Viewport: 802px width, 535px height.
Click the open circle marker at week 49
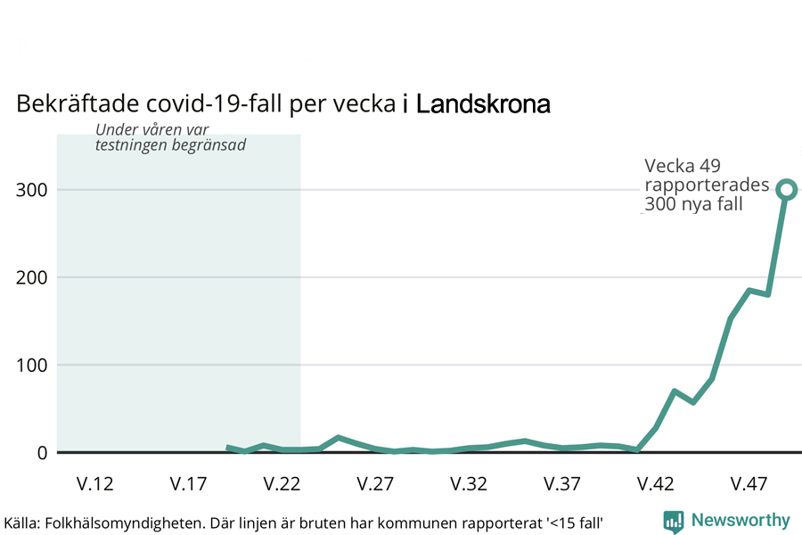[x=786, y=189]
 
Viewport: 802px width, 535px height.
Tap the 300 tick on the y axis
[x=32, y=189]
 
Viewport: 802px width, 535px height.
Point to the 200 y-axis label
[x=32, y=277]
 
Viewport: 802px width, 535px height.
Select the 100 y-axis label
[x=32, y=365]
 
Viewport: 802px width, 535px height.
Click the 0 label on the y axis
[x=41, y=453]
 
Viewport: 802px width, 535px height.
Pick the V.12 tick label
[x=94, y=484]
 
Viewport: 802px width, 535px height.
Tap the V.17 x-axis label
[x=188, y=484]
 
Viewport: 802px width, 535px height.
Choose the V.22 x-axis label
[x=282, y=484]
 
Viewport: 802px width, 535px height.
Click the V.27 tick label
[x=375, y=484]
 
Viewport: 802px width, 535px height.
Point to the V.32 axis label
[x=469, y=484]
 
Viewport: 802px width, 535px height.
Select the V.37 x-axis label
[x=562, y=484]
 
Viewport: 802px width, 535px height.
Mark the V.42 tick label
[x=656, y=484]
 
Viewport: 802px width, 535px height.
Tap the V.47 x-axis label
[x=749, y=484]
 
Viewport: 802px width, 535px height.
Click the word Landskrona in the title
[x=483, y=104]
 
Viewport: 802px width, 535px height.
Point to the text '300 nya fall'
[x=694, y=204]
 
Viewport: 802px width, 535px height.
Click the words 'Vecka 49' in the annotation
[x=682, y=166]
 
